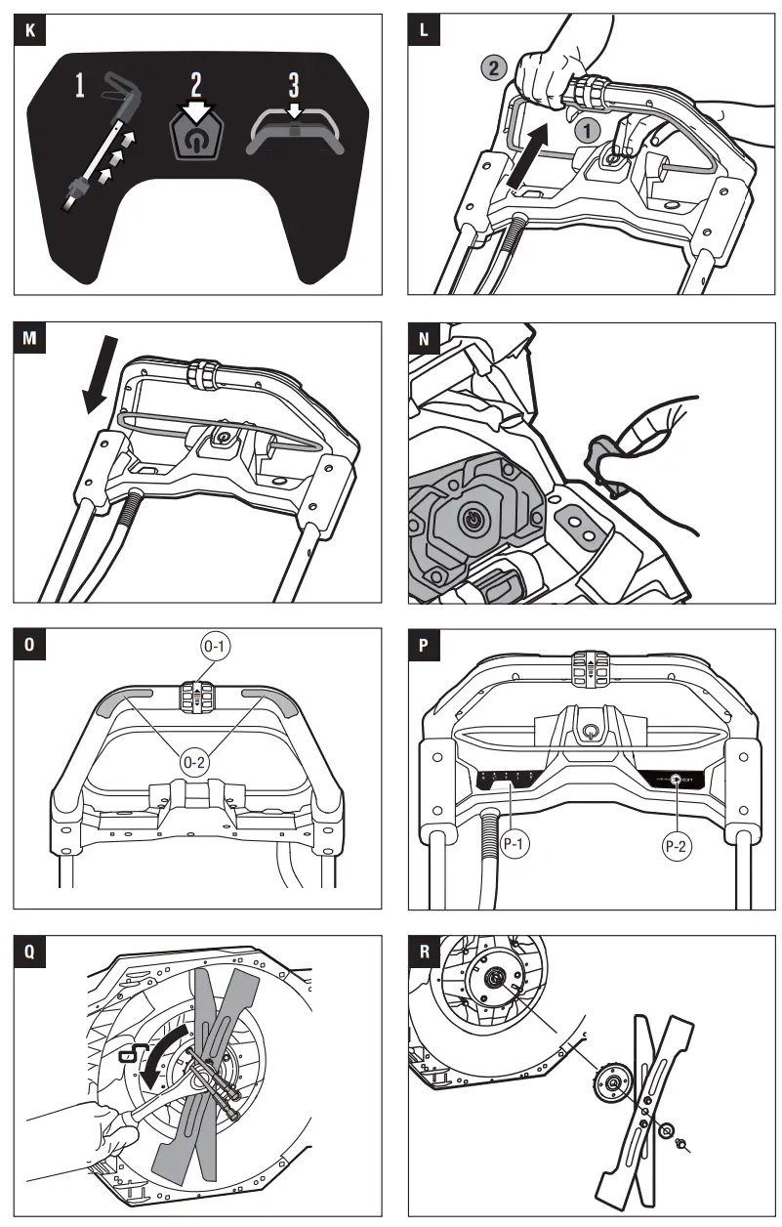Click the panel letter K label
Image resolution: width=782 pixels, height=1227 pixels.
click(29, 30)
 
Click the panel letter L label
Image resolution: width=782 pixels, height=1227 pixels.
click(423, 30)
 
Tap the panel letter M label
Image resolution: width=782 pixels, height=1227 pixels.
click(29, 338)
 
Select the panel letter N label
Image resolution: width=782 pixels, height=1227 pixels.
click(423, 338)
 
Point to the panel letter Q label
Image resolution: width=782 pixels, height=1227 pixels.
click(29, 950)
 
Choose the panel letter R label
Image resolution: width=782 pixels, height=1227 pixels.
click(423, 950)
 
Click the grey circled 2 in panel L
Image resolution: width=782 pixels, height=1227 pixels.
click(495, 68)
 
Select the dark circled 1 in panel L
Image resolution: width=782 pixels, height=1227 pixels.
click(586, 128)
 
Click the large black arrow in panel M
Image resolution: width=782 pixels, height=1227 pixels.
click(101, 375)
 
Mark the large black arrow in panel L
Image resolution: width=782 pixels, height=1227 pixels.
click(528, 155)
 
